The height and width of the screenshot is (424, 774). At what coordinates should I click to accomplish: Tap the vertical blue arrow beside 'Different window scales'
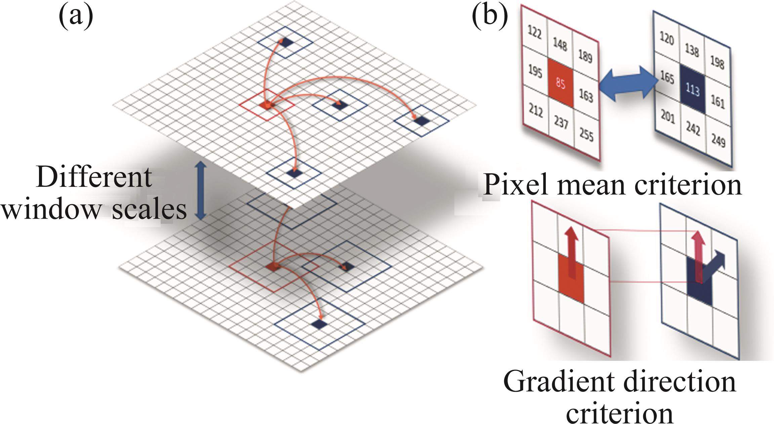[200, 190]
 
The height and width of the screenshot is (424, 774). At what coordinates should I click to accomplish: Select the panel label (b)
[490, 15]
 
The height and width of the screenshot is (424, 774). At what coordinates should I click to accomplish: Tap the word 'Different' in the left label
[94, 178]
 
